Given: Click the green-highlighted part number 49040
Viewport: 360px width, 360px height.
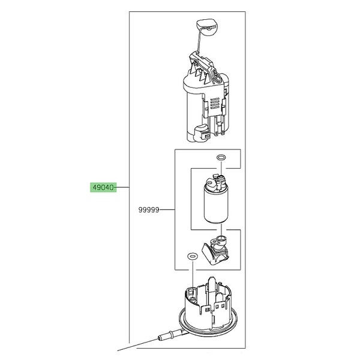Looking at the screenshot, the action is (x=103, y=188).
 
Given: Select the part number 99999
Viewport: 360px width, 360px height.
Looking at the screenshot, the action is (x=149, y=210).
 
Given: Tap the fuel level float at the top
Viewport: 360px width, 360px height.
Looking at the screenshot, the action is (x=207, y=26).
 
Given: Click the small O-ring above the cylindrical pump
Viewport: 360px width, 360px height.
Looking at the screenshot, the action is (x=221, y=157).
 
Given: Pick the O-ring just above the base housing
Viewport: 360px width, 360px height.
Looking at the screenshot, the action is (x=192, y=256).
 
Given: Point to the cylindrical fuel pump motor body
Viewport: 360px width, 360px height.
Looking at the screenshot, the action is (x=216, y=205).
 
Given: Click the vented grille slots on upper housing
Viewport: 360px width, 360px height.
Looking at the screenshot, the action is (x=215, y=103).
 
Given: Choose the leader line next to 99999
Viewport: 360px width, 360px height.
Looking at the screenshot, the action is (x=167, y=210).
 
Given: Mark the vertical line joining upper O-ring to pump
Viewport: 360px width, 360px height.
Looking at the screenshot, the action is (x=221, y=168).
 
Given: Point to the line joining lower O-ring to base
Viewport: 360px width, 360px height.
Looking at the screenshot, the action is (x=192, y=273).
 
